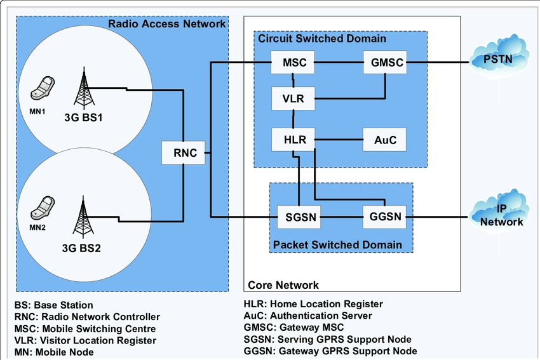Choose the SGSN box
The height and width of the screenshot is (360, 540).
(298, 217)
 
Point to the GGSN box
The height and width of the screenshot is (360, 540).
(384, 217)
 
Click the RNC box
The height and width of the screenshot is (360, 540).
(185, 152)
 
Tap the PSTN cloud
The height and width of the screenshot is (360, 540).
(498, 59)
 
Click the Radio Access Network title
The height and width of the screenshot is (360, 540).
(167, 24)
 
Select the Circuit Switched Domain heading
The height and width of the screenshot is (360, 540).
(322, 39)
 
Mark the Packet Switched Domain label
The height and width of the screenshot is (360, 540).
(337, 244)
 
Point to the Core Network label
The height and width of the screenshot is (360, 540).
(283, 285)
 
